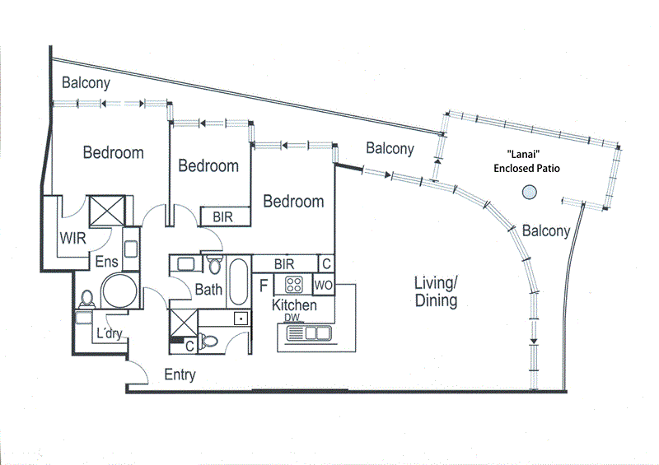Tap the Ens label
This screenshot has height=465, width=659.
(x=107, y=263)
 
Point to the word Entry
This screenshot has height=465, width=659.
(x=180, y=375)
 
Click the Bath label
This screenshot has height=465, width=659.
(x=208, y=290)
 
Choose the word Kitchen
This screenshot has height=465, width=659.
(x=294, y=305)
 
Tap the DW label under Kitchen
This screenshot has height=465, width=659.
(x=292, y=318)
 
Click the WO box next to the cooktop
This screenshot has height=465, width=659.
(x=323, y=285)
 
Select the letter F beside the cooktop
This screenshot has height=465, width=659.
(x=263, y=286)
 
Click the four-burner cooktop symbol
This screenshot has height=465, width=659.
(x=295, y=285)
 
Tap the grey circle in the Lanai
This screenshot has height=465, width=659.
(x=529, y=193)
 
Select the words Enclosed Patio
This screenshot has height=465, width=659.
(x=526, y=168)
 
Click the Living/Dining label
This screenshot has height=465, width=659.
(x=436, y=292)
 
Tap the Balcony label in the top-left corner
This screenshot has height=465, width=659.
(x=86, y=83)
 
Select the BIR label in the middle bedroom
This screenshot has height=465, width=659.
(x=223, y=216)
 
